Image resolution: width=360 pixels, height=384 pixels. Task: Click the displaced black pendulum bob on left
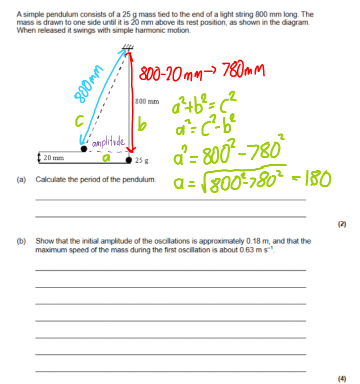point(84,149)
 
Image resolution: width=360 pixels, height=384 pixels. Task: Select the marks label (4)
point(342,379)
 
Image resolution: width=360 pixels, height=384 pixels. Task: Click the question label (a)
point(21,179)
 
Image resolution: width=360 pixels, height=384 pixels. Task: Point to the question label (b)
point(21,241)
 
